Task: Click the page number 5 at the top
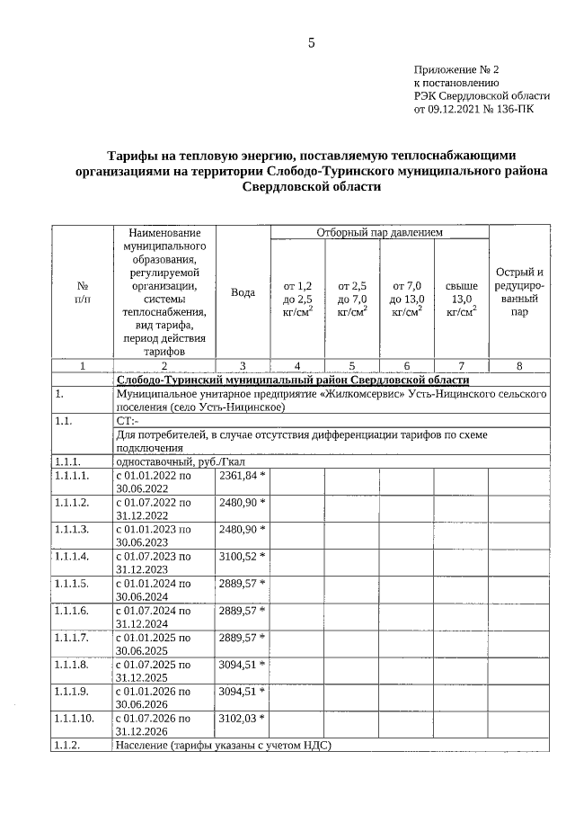click(x=311, y=42)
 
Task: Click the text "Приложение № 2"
click(x=456, y=69)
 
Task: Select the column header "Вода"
click(x=243, y=292)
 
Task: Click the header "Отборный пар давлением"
click(x=379, y=232)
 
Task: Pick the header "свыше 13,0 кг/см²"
click(x=461, y=299)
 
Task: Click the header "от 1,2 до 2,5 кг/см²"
click(x=297, y=299)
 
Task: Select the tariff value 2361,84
click(x=243, y=474)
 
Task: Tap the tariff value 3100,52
click(x=243, y=555)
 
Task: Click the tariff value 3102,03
click(x=243, y=719)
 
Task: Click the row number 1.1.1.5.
click(x=72, y=583)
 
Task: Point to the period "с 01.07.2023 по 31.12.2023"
click(x=154, y=562)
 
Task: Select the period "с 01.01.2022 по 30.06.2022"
click(x=154, y=480)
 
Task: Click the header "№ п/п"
click(x=83, y=292)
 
